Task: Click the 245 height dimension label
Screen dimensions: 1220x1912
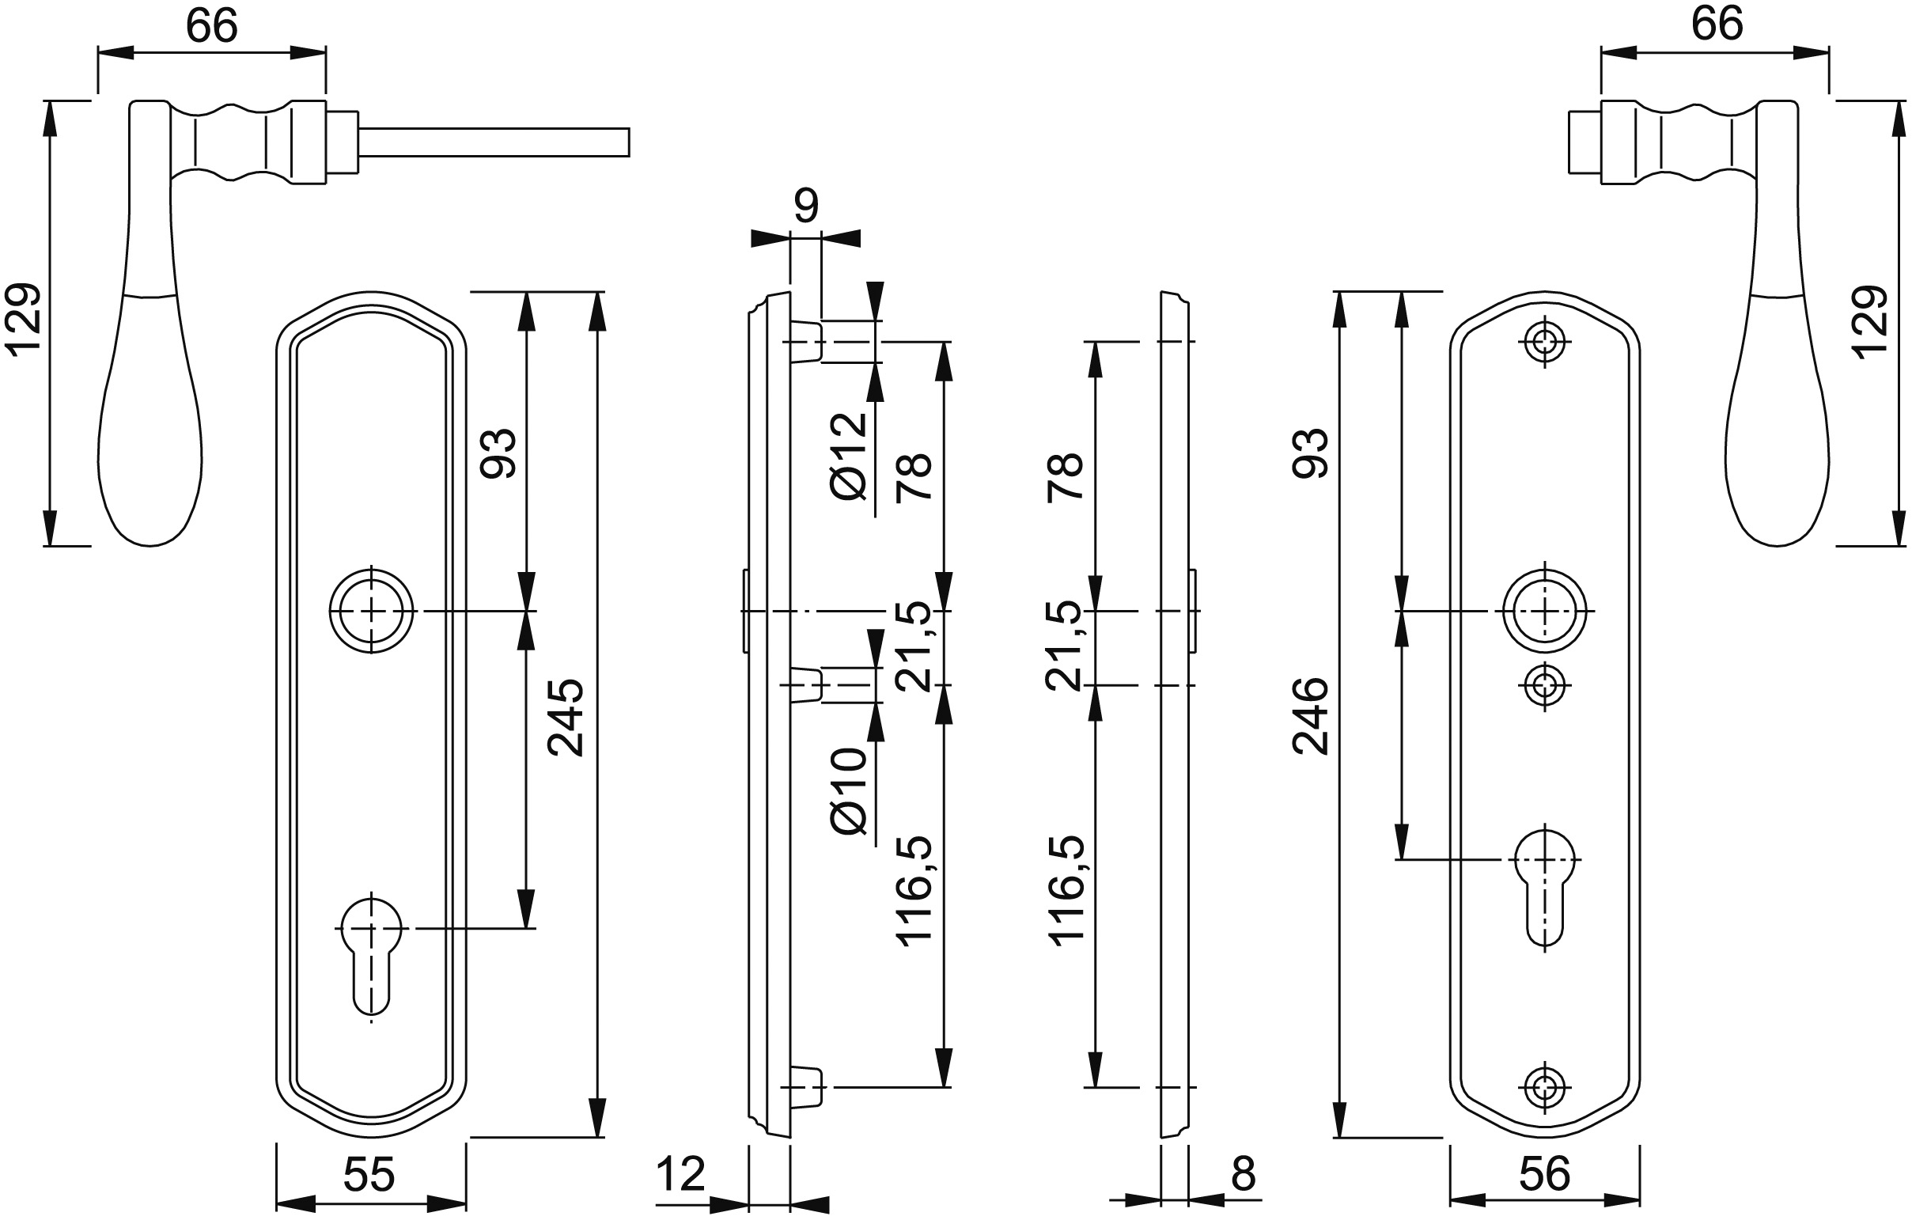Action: tap(566, 717)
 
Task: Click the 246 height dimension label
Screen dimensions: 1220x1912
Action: tap(1310, 716)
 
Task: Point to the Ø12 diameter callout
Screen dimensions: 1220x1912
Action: tap(848, 457)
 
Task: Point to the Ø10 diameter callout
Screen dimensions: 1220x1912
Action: tap(848, 791)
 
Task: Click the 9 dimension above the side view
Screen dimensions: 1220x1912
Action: tap(805, 206)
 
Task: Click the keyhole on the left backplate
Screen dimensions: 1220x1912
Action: tap(372, 949)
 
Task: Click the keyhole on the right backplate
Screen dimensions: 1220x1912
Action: tap(1544, 881)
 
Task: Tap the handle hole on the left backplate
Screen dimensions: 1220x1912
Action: tap(372, 611)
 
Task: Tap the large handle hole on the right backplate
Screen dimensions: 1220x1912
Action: tap(1544, 611)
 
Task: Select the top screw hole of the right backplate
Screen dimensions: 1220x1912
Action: tap(1544, 343)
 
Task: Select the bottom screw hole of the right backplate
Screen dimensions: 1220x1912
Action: tap(1544, 1086)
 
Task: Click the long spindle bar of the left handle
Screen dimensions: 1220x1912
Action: tap(492, 142)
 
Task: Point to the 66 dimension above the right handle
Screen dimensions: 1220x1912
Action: tap(1717, 24)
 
